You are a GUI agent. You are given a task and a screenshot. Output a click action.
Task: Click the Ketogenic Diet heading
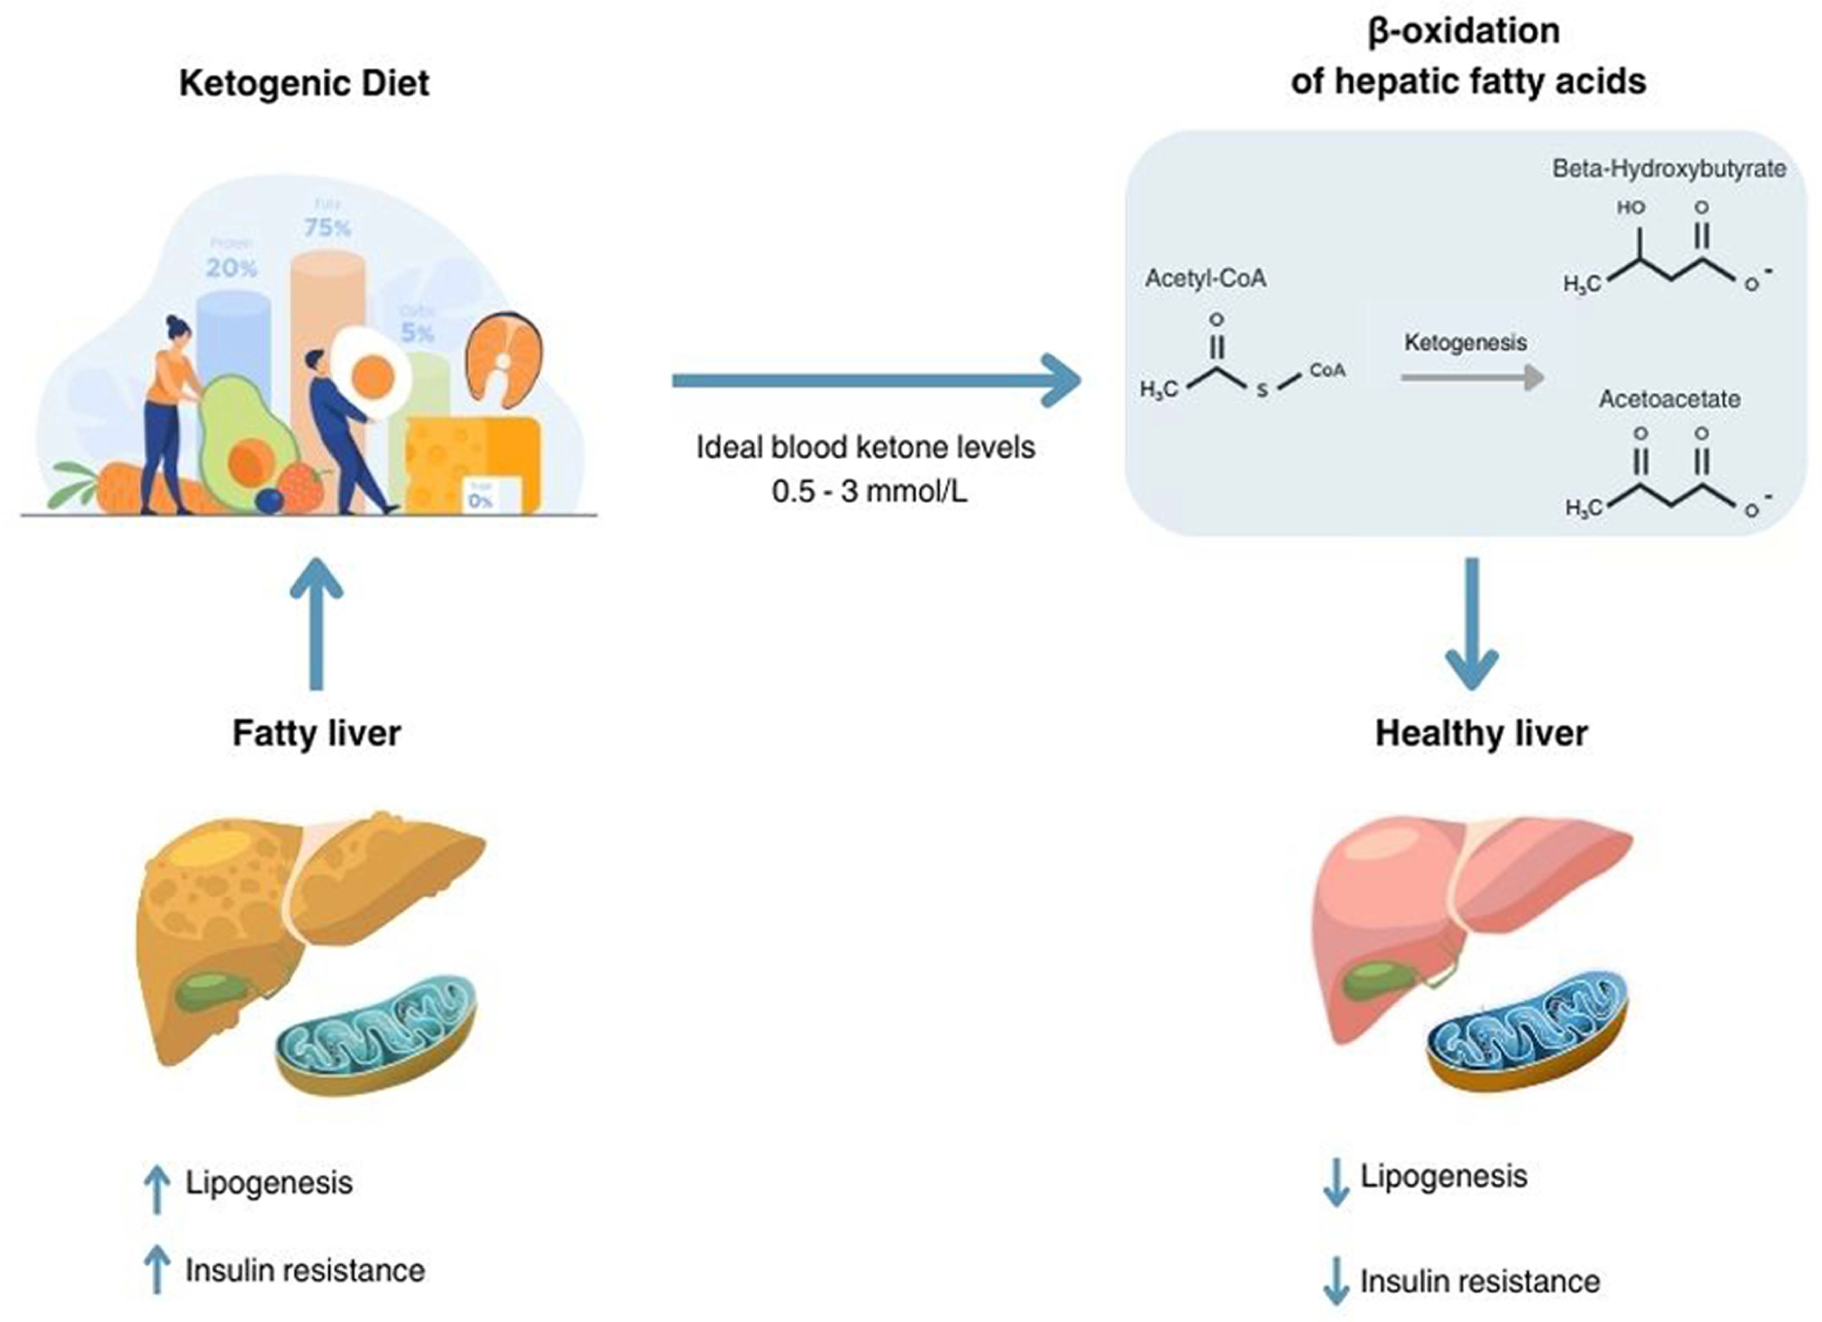[x=304, y=83]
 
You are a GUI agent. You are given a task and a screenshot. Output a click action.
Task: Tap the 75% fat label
[x=327, y=228]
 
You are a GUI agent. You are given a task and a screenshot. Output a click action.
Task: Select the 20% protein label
[x=231, y=267]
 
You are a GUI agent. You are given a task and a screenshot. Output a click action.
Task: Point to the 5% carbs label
[x=418, y=332]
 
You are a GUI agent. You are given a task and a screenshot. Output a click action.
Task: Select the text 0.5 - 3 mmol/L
[x=869, y=491]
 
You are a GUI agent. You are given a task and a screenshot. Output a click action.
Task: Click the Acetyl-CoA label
[x=1205, y=279]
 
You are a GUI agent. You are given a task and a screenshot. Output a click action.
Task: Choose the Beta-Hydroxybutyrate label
[x=1668, y=169]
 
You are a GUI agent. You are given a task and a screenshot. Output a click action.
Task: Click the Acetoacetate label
[x=1668, y=399]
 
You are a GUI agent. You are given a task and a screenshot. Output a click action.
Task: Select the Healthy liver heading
[x=1481, y=733]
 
